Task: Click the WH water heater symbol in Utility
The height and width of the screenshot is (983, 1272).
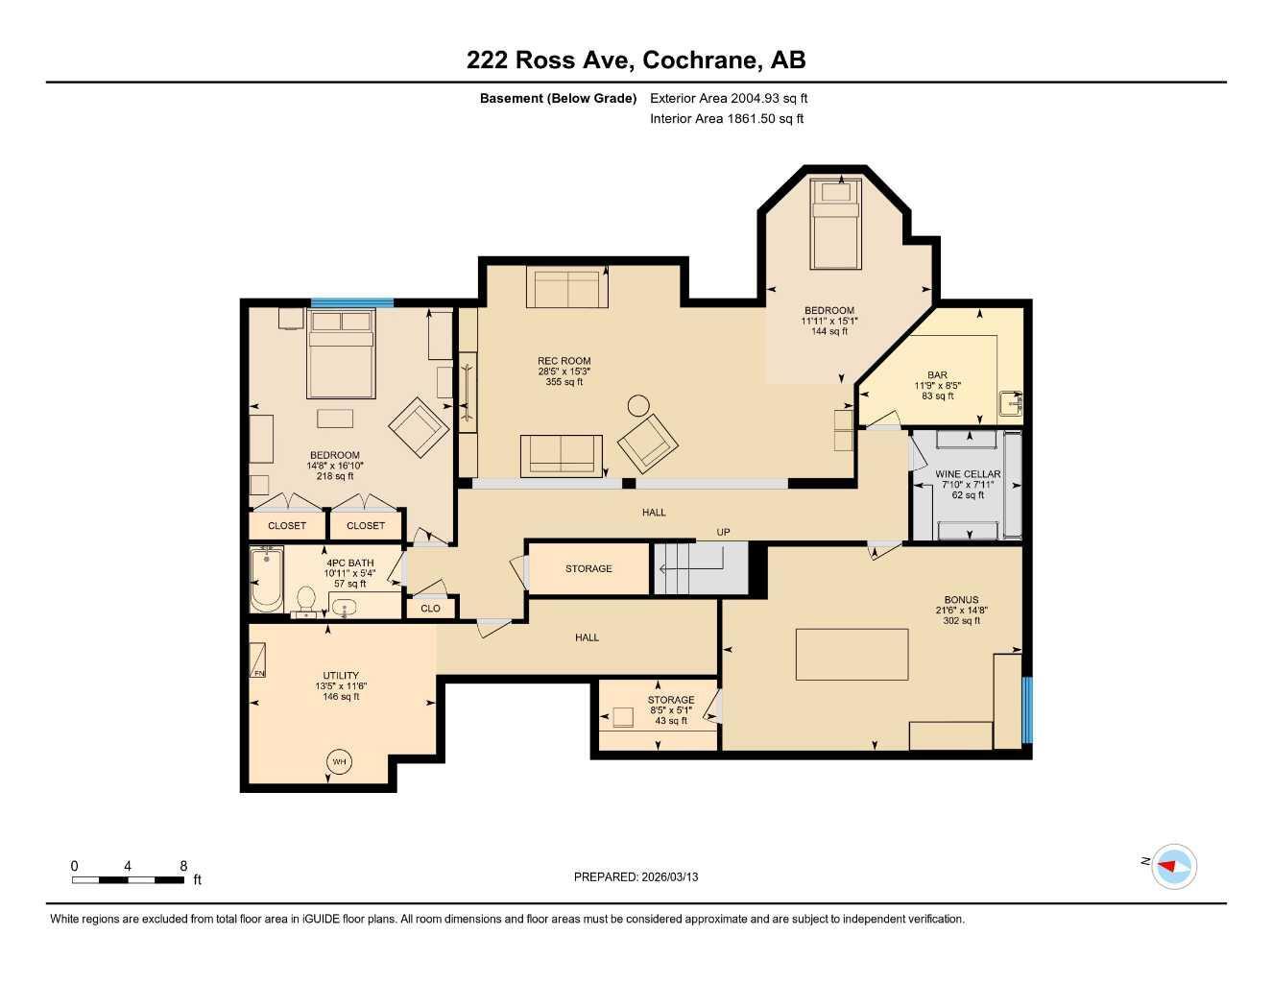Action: [339, 762]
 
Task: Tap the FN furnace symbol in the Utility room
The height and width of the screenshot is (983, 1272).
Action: [258, 660]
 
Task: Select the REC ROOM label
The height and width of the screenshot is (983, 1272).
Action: [564, 362]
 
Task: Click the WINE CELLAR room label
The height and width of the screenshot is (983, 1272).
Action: [968, 474]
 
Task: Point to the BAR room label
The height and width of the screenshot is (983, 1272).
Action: [937, 375]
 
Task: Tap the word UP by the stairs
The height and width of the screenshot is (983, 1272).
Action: [723, 532]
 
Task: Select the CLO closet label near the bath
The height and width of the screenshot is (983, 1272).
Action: [430, 608]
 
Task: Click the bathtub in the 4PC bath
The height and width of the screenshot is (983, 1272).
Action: [267, 579]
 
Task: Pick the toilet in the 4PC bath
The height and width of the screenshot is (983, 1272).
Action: [306, 598]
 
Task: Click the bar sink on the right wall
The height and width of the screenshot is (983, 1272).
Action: [1010, 403]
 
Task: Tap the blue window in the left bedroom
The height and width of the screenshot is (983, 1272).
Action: [351, 303]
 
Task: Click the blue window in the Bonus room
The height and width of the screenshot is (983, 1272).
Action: [1026, 710]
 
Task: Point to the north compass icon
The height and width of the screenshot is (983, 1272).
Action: [1173, 866]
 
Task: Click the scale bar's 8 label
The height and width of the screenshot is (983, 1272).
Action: [183, 865]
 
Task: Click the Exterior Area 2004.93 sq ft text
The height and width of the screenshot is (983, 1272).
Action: [729, 98]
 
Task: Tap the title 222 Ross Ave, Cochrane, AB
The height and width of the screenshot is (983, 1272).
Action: [636, 60]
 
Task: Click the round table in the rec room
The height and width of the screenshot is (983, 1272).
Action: [638, 404]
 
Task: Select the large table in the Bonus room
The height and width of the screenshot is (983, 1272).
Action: [852, 654]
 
